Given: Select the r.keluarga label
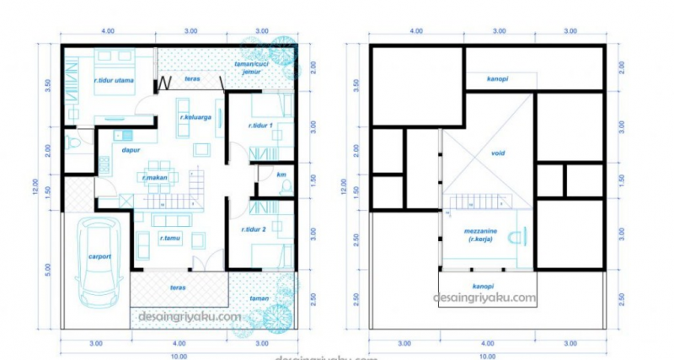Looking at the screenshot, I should point(194,128).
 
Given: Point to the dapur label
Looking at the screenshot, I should point(131,151).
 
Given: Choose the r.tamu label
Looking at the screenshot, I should point(168,239).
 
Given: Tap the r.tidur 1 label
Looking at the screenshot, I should point(263,126).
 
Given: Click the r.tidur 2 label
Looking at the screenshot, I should point(254,229).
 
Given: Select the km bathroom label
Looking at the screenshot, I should point(282,175).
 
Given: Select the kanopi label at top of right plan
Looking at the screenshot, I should point(497,81).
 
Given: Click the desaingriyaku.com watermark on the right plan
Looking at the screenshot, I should point(484,297).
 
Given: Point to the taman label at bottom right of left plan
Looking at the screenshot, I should point(258,298).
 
